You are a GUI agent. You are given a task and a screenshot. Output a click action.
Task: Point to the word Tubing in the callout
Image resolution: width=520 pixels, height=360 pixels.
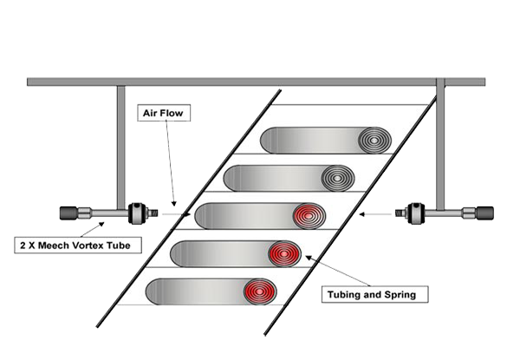344,295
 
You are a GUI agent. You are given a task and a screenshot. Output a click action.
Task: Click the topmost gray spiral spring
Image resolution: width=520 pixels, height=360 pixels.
375,140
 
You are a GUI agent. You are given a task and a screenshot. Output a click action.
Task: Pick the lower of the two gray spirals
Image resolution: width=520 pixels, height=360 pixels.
336,178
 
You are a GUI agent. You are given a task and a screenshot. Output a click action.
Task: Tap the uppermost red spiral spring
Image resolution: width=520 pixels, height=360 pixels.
307,215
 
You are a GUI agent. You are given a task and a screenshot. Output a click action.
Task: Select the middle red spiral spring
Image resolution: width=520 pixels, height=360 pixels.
283,253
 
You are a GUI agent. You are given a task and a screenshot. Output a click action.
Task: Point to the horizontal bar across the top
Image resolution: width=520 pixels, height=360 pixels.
260,82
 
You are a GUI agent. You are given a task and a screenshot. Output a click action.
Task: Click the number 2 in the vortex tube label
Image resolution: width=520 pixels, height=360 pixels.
22,245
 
